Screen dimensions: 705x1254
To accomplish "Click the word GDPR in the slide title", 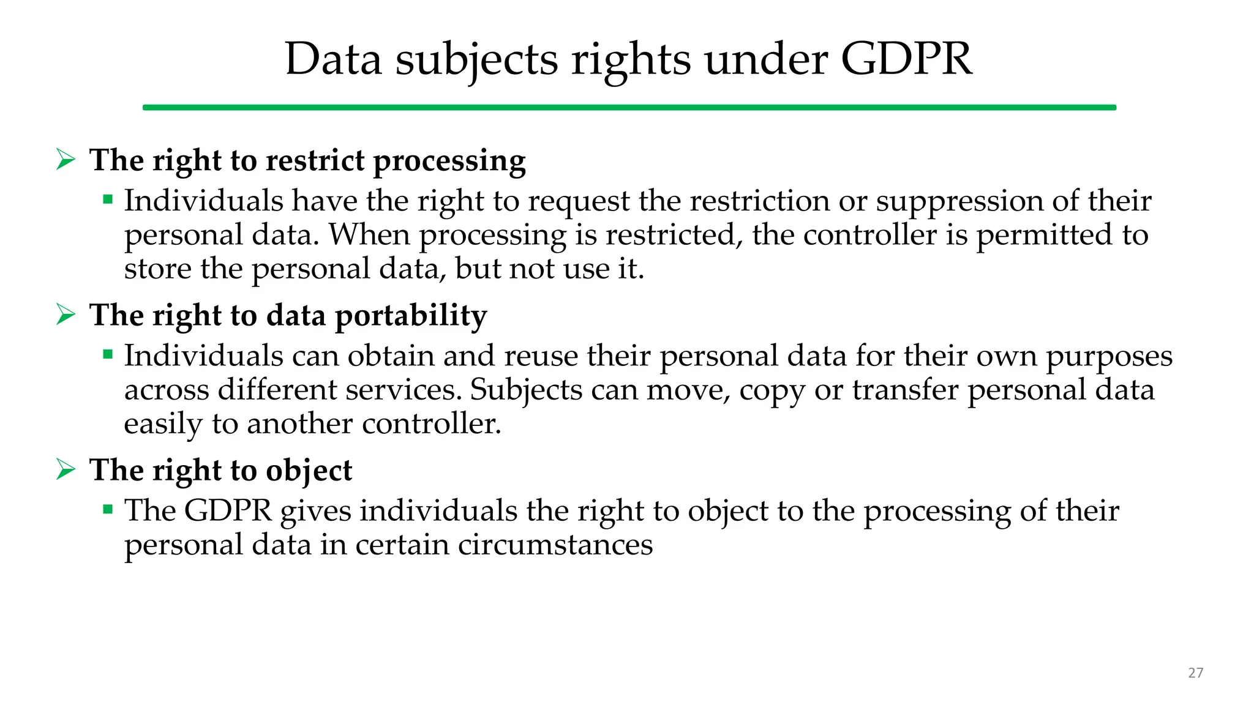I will pyautogui.click(x=906, y=59).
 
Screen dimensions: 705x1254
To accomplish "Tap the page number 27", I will pyautogui.click(x=1195, y=673).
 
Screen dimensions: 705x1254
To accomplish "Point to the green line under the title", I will pyautogui.click(x=629, y=108).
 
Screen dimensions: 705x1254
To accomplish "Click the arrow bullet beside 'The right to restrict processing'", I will pyautogui.click(x=66, y=160).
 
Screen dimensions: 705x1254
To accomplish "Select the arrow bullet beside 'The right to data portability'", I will pyautogui.click(x=66, y=315).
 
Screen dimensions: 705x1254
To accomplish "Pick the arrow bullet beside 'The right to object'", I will pyautogui.click(x=66, y=469).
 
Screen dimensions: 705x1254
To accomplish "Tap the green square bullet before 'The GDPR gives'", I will pyautogui.click(x=108, y=509).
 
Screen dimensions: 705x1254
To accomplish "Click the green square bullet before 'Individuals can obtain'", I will pyautogui.click(x=108, y=354).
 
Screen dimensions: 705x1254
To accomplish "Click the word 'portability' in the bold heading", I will pyautogui.click(x=411, y=316).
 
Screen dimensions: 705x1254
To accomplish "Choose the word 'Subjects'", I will pyautogui.click(x=526, y=390).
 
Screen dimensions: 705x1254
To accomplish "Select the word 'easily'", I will pyautogui.click(x=163, y=424).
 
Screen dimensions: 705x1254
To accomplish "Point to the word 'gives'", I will pyautogui.click(x=315, y=512).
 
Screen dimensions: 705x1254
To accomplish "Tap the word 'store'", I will pyautogui.click(x=157, y=269).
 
